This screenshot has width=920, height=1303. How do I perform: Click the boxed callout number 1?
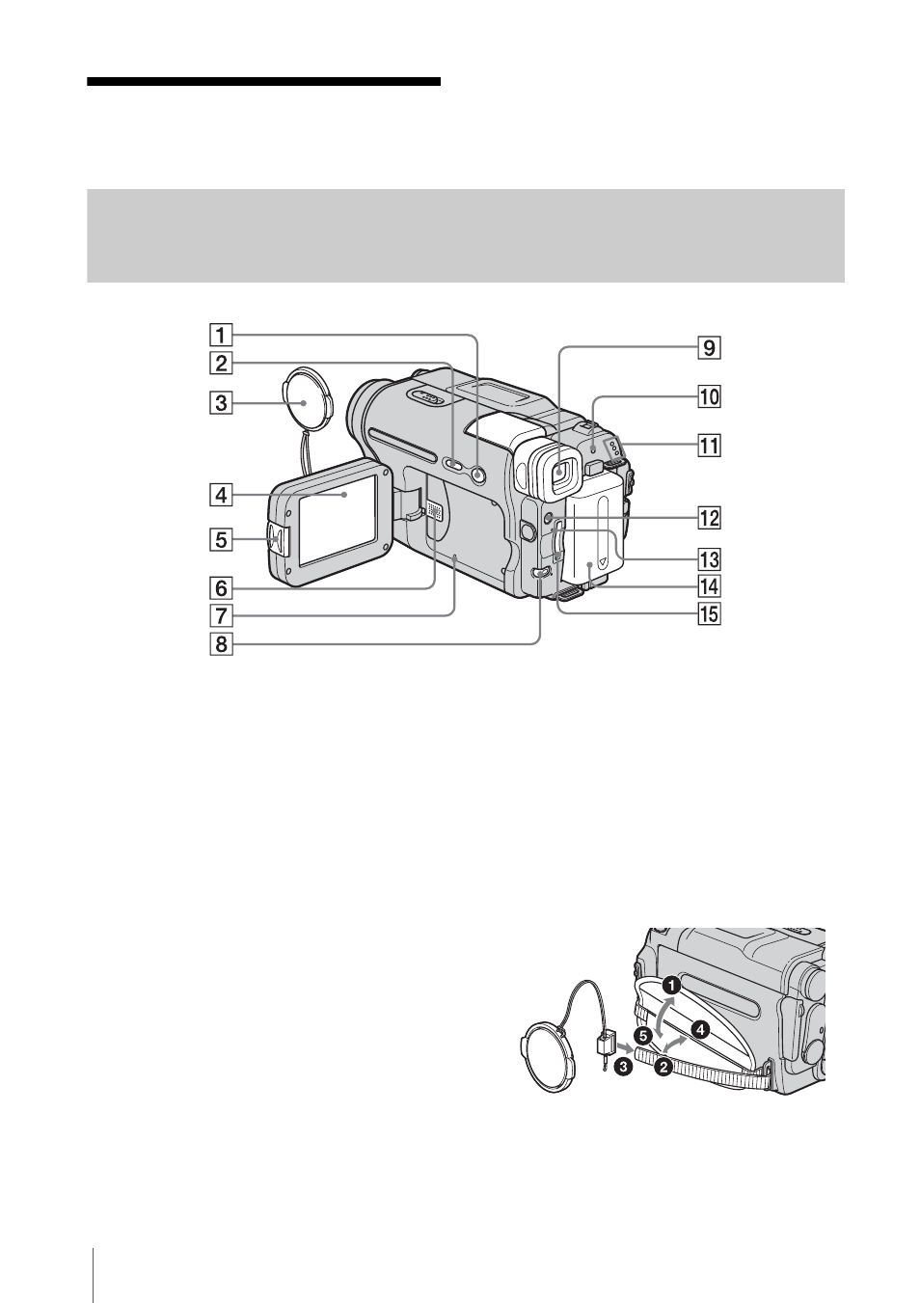[221, 335]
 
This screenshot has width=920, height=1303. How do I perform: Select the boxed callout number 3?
[221, 402]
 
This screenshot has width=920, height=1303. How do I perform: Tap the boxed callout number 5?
[221, 540]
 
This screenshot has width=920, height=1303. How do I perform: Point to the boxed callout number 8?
[221, 644]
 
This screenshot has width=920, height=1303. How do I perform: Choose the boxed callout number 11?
[710, 447]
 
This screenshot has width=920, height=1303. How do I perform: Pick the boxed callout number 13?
[710, 559]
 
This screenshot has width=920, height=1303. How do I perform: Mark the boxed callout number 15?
[710, 614]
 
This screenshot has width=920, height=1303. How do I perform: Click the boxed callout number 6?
[221, 588]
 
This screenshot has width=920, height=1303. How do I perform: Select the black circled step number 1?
[672, 986]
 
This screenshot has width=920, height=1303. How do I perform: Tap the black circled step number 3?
[623, 1067]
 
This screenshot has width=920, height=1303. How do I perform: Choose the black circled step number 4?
[699, 1030]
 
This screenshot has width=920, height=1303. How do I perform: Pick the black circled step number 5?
[642, 1035]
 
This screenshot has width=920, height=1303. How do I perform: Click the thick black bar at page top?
[263, 81]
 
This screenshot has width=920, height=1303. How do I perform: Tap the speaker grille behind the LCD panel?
[434, 510]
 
